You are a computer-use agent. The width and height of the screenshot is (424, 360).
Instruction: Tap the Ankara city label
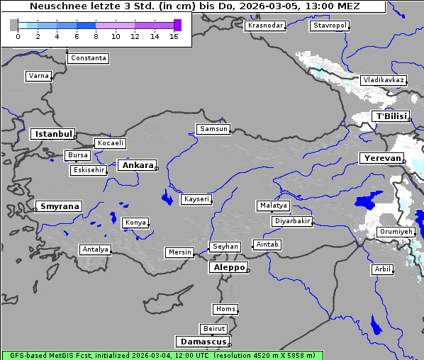pyautogui.click(x=138, y=165)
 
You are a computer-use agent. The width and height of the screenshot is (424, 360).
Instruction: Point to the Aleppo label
pyautogui.click(x=228, y=267)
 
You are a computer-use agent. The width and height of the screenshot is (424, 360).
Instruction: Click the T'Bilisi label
pyautogui.click(x=391, y=116)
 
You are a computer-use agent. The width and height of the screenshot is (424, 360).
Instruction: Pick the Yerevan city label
pyautogui.click(x=381, y=158)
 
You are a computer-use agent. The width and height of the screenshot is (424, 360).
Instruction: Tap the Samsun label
pyautogui.click(x=213, y=129)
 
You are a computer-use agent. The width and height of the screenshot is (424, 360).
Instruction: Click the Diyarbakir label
pyautogui.click(x=291, y=221)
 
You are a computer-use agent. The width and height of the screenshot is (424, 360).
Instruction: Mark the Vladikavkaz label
pyautogui.click(x=384, y=80)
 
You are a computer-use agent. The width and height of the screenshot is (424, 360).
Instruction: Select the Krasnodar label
pyautogui.click(x=265, y=26)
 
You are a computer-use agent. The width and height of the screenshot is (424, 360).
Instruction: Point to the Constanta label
pyautogui.click(x=89, y=58)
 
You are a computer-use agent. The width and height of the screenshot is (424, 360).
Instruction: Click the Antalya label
pyautogui.click(x=95, y=249)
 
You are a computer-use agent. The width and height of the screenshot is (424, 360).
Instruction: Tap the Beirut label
pyautogui.click(x=213, y=329)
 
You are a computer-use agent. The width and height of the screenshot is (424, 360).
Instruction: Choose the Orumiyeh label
pyautogui.click(x=395, y=232)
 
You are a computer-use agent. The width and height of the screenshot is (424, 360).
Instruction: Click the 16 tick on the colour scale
pyautogui.click(x=174, y=36)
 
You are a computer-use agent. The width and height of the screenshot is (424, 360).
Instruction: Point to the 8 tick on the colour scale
pyautogui.click(x=96, y=36)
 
